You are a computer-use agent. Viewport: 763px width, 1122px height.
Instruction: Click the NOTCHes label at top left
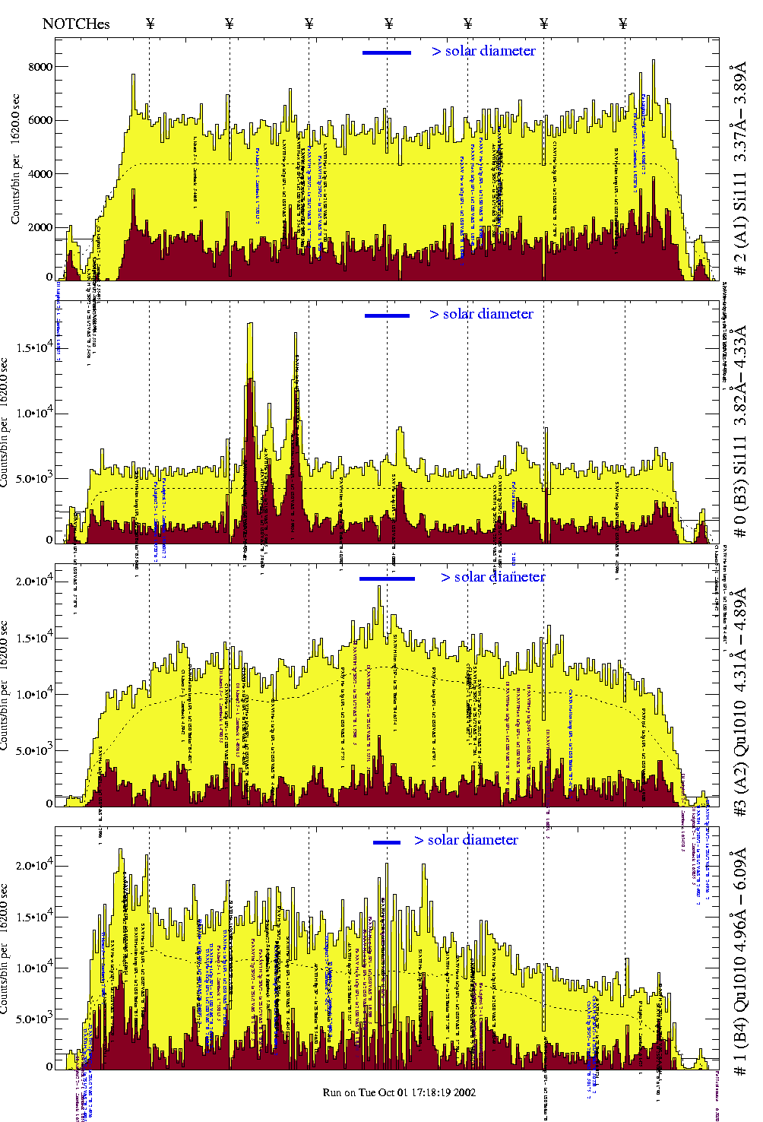tap(76, 24)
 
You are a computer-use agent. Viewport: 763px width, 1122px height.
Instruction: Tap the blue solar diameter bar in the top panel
tap(386, 52)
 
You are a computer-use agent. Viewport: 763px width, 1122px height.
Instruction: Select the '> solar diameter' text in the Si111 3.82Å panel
tap(481, 314)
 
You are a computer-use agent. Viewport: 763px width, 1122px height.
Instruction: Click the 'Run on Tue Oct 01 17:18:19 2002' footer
tap(399, 1092)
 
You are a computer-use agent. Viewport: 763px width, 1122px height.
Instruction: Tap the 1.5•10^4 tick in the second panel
tap(33, 348)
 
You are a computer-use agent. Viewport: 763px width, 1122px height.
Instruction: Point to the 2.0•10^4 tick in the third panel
tap(33, 582)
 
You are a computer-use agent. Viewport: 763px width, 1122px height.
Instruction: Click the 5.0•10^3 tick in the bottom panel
tap(33, 1019)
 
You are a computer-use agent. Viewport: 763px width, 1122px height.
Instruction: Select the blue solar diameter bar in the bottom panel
tap(386, 842)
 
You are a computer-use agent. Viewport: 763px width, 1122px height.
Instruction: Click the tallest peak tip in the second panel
tap(250, 324)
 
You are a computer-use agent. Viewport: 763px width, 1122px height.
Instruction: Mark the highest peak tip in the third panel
tap(379, 586)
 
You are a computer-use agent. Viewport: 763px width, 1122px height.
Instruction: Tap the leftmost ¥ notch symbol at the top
tap(150, 24)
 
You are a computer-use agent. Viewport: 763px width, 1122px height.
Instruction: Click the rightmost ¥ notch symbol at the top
tap(623, 24)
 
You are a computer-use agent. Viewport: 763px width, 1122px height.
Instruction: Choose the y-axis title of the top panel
tap(15, 160)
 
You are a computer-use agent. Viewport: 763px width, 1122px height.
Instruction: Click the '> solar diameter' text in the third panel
tap(492, 577)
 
